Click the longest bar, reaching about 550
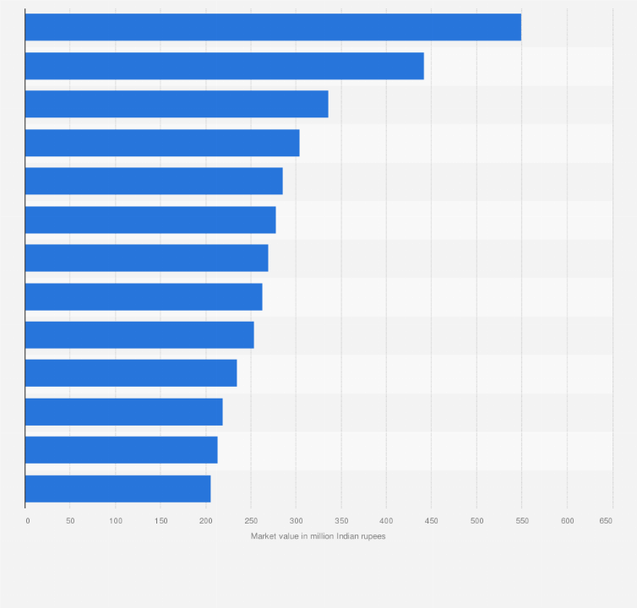point(273,27)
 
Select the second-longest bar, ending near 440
point(224,66)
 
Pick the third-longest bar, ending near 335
point(177,104)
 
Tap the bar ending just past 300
point(162,143)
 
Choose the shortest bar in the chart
point(117,489)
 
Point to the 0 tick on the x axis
point(27,521)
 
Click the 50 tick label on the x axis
point(70,521)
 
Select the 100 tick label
point(116,521)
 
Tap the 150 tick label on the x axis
point(161,521)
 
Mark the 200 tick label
point(205,521)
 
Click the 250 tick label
point(251,521)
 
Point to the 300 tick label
point(296,521)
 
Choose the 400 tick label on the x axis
point(386,521)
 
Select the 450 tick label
point(431,521)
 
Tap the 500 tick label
point(476,521)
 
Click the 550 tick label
point(521,521)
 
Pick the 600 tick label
point(567,521)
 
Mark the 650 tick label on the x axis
point(606,521)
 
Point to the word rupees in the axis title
point(373,536)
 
